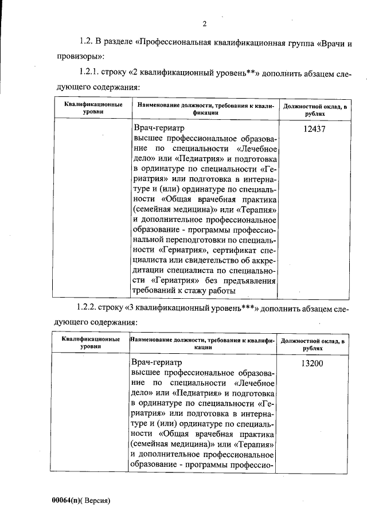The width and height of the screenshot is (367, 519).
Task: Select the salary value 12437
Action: point(314,129)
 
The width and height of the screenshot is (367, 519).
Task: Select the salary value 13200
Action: point(314,363)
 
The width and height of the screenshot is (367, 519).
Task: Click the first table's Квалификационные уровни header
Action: point(93,110)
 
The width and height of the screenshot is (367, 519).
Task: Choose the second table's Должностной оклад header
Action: point(313,344)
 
